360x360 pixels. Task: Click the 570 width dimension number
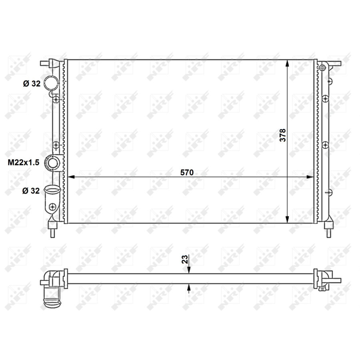[x=187, y=172]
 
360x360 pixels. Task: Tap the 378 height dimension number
[x=283, y=135]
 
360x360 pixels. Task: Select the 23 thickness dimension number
[x=185, y=259]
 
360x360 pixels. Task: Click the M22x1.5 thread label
[x=24, y=162]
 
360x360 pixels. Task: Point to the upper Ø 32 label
[x=32, y=84]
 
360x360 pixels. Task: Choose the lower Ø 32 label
[x=31, y=190]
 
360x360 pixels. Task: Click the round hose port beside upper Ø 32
[x=51, y=83]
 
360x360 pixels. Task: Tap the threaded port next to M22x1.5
[x=52, y=163]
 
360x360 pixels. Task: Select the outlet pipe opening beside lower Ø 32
[x=52, y=190]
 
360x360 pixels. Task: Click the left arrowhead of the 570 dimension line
[x=71, y=177]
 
